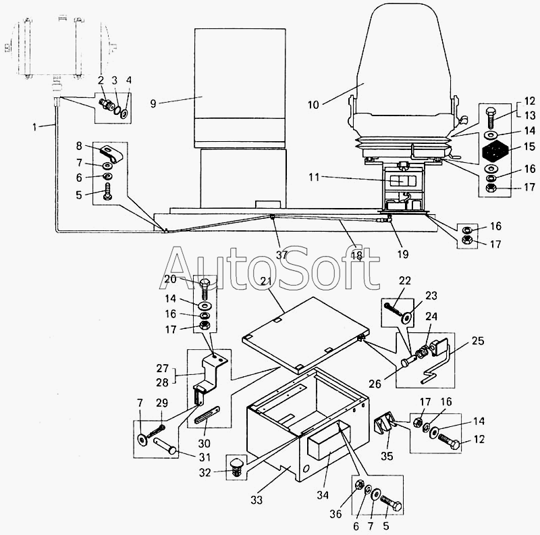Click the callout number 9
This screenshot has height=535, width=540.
coord(153,103)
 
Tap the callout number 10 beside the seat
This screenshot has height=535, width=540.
coord(313,105)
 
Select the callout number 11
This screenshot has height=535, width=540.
coord(314,177)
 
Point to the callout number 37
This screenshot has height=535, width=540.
coord(281,255)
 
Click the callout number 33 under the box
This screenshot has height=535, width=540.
coord(256,500)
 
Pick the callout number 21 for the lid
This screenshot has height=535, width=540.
coord(265,281)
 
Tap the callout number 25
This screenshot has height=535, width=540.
coord(478,340)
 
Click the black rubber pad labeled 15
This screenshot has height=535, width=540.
coord(495,151)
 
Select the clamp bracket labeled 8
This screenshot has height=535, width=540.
coord(111,155)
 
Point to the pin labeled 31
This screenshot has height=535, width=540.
coord(165,445)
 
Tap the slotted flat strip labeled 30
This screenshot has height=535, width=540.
coord(207,413)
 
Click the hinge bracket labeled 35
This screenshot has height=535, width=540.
coord(383,422)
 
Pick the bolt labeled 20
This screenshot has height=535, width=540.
coord(205,288)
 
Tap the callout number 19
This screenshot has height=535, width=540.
coord(402,254)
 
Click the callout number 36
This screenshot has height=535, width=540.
coord(335,514)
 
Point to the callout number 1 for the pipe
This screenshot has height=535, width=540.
coord(34,127)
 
